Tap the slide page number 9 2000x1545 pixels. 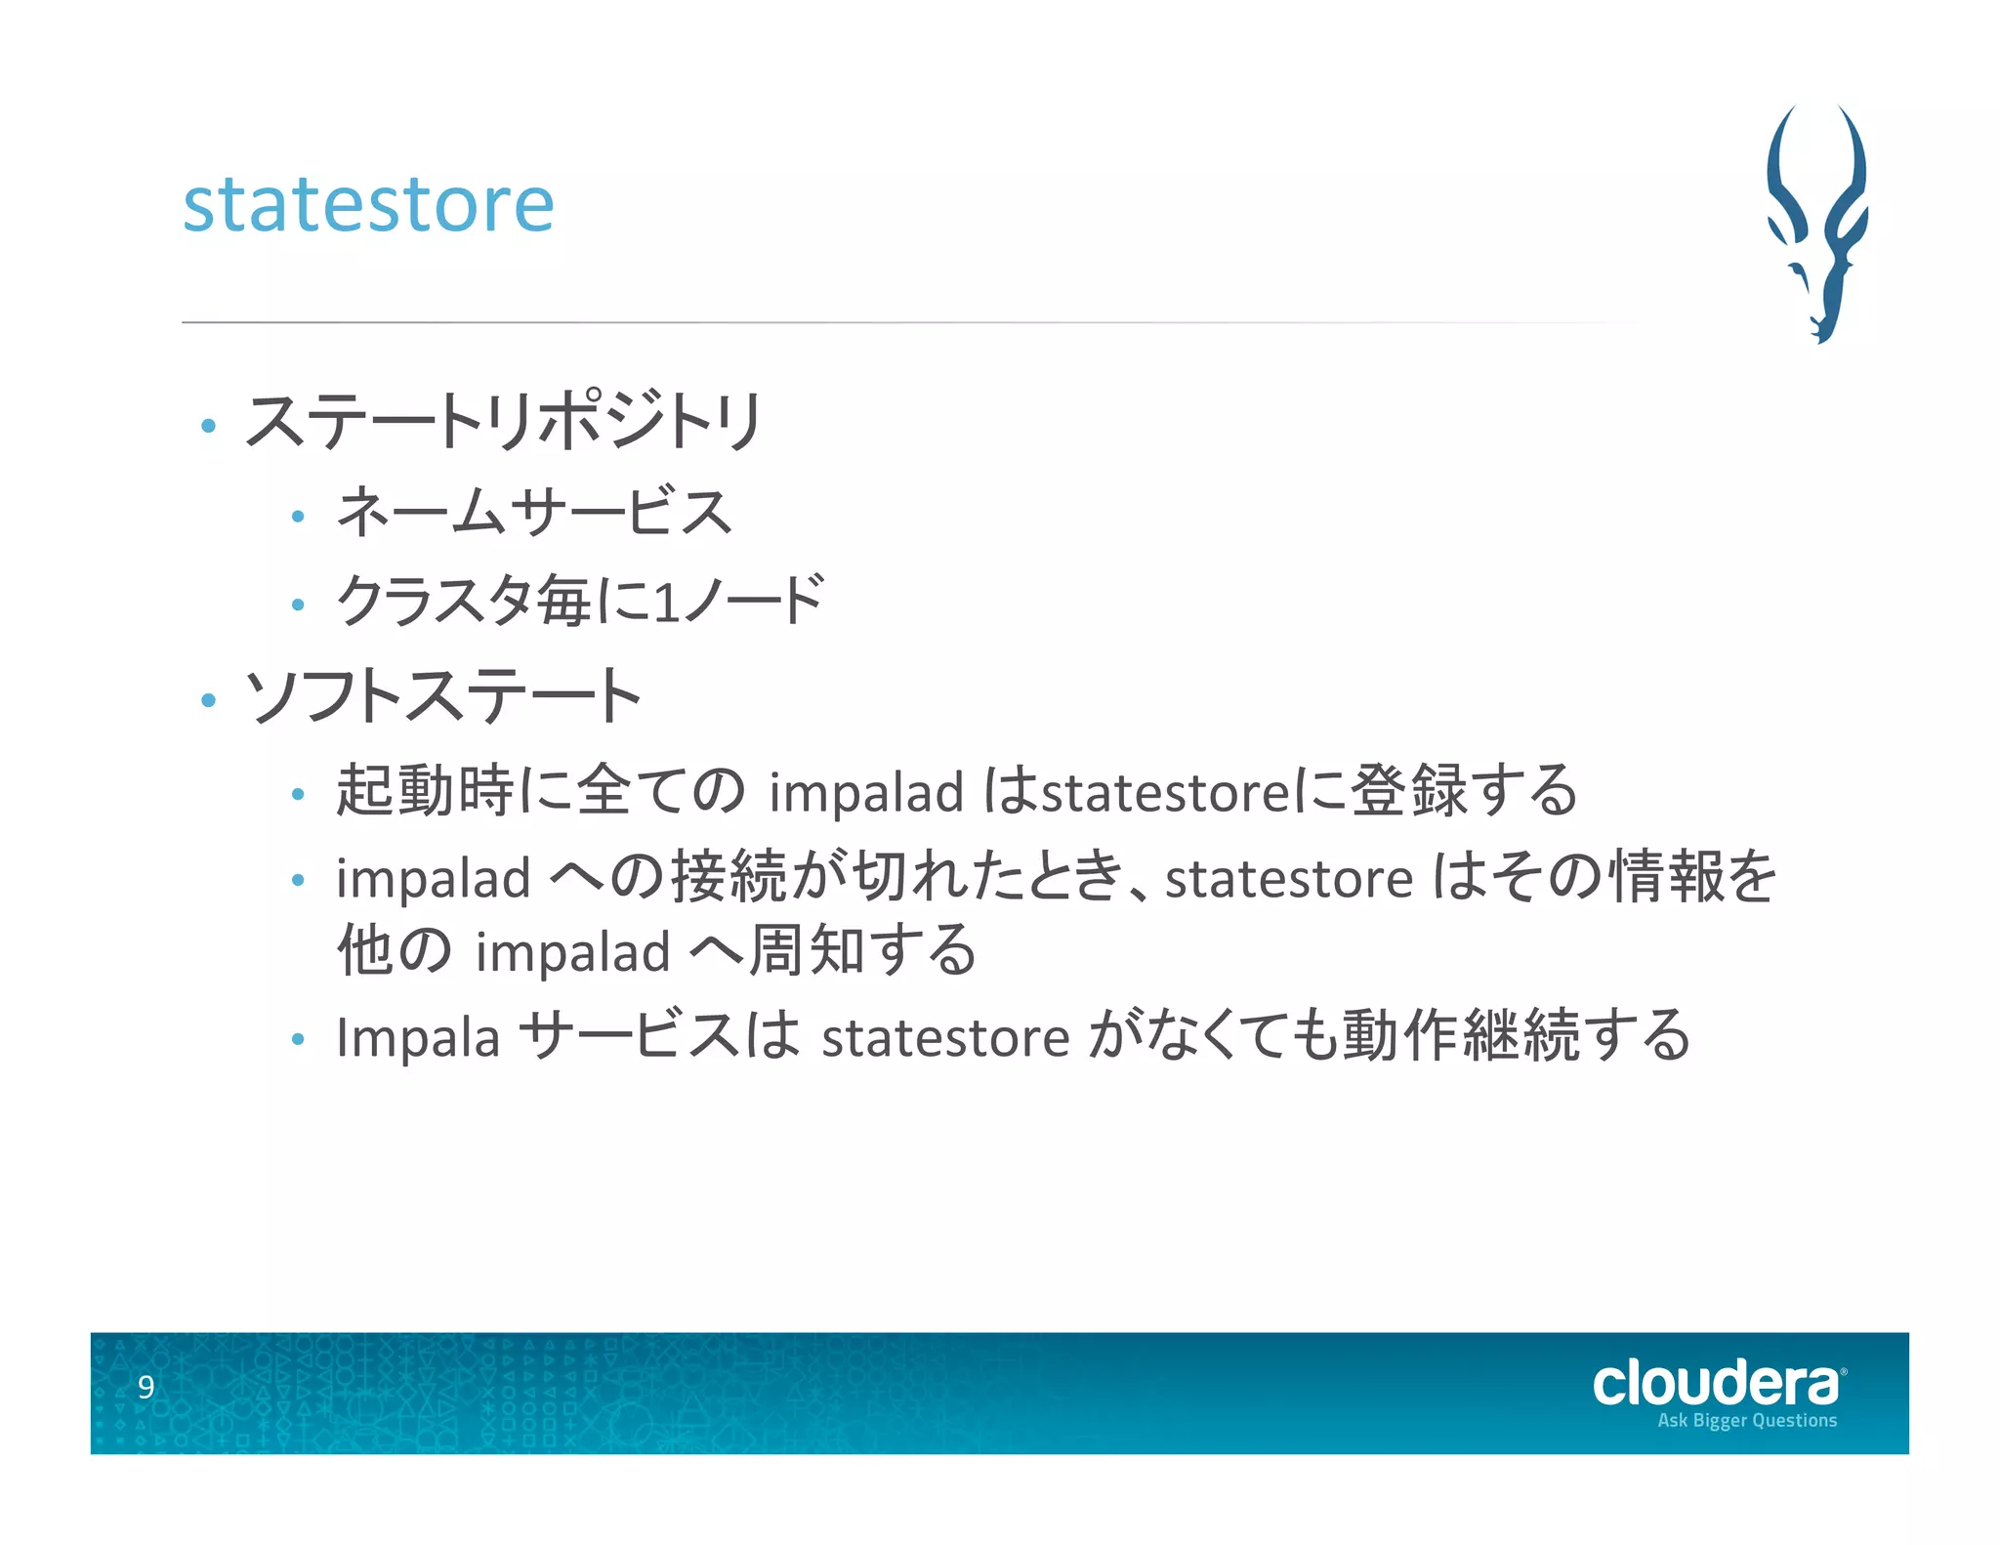[x=146, y=1387]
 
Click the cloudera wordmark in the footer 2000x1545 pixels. [x=1716, y=1384]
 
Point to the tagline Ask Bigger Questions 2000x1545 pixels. [x=1746, y=1420]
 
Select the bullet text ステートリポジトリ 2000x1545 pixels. [x=503, y=422]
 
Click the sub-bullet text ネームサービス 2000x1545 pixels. [x=533, y=512]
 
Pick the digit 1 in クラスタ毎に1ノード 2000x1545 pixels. [x=666, y=603]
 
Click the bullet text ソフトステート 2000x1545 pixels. [x=442, y=696]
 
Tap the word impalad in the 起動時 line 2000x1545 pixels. [x=865, y=791]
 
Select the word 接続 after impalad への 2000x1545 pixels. [x=729, y=876]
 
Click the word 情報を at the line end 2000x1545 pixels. [x=1692, y=876]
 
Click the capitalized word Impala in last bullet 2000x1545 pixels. [x=417, y=1037]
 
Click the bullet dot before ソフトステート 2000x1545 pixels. [x=207, y=699]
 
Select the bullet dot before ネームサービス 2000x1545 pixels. [x=298, y=516]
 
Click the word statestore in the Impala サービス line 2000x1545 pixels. [x=944, y=1037]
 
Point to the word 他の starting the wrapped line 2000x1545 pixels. [x=394, y=950]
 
